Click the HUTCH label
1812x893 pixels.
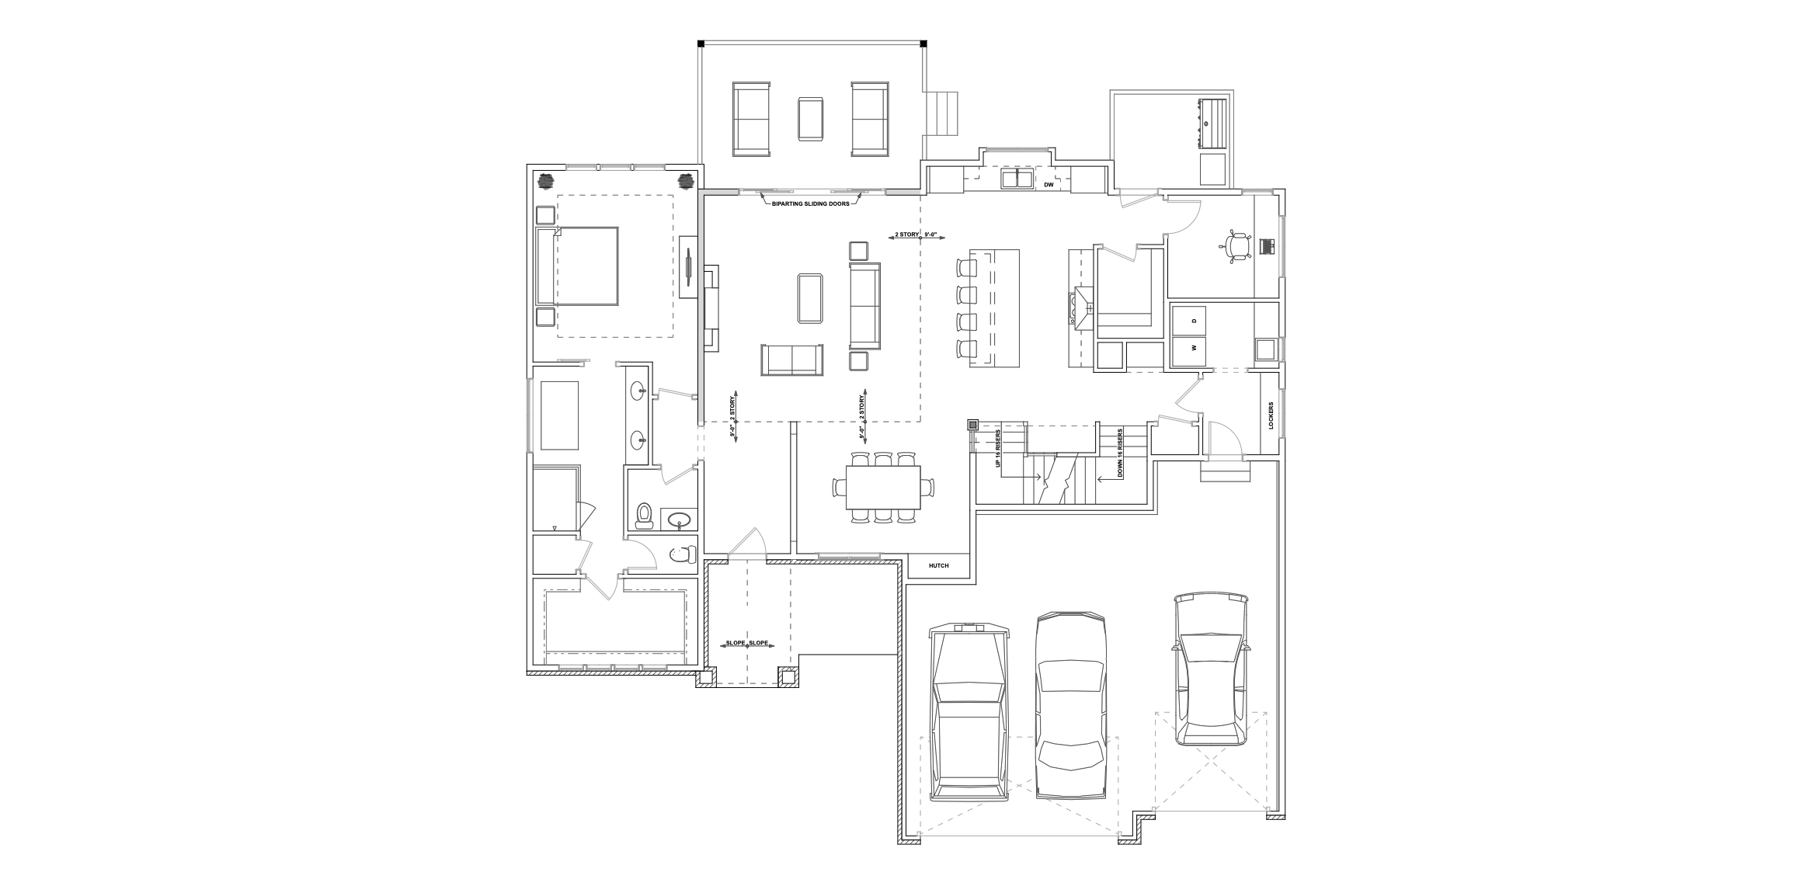[x=939, y=565]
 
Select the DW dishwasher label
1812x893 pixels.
[x=1049, y=185]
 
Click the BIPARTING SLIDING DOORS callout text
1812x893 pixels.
[x=810, y=203]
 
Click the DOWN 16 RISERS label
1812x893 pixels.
[x=1119, y=452]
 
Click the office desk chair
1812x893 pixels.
[x=1236, y=247]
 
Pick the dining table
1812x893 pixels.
[x=884, y=488]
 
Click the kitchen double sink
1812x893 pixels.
[x=1016, y=179]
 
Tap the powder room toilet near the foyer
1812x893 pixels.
[x=644, y=516]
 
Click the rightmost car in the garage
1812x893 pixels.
[x=1211, y=669]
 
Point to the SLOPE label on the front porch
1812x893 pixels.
[x=747, y=644]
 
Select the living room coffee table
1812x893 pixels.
[x=810, y=298]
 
